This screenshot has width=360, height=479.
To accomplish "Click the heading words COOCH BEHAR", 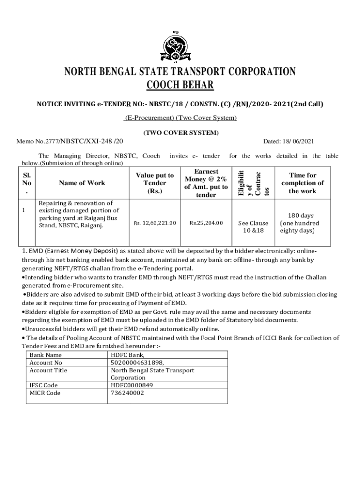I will (180, 85).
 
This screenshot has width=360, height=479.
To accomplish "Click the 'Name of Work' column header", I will (82, 183).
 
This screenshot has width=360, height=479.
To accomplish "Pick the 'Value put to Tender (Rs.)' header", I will (154, 183).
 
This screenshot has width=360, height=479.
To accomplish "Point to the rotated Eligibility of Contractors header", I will (253, 183).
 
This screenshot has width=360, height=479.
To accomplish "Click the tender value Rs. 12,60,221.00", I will (154, 223).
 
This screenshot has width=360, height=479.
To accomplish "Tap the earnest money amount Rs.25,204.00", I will (206, 223).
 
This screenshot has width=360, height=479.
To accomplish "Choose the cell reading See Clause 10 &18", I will (253, 227).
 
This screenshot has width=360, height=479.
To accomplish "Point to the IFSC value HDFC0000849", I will (132, 385).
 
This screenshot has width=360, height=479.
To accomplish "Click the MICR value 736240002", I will (128, 393).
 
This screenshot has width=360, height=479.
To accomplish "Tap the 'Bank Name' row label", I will (45, 355).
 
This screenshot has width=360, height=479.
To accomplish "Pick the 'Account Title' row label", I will (48, 370).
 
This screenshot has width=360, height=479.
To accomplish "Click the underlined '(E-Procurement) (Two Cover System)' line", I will (180, 118).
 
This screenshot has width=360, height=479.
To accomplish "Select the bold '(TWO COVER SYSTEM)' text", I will (180, 133).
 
